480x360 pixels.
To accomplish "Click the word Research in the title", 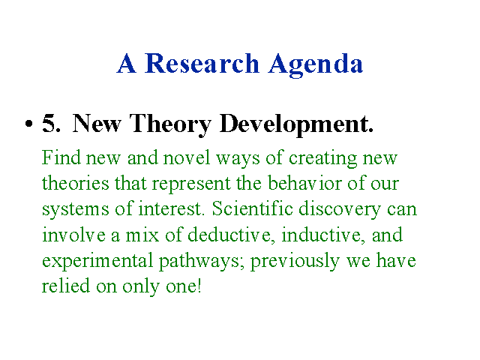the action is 202,63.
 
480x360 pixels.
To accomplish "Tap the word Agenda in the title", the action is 316,65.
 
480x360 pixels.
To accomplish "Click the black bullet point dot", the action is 28,124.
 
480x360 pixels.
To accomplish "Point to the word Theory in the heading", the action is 170,125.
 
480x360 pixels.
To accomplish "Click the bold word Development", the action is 296,125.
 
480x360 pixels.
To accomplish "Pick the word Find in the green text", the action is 61,157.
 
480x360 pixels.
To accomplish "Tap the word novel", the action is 187,157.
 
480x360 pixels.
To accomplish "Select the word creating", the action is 322,159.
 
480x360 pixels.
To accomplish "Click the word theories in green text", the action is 75,183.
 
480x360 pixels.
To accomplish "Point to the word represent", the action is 191,185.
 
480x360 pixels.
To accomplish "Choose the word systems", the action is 75,211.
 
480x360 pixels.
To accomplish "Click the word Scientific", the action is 252,208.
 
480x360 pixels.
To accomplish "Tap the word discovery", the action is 340,211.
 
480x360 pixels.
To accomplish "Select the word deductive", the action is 229,235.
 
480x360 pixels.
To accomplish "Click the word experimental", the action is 97,262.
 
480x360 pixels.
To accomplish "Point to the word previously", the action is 295,262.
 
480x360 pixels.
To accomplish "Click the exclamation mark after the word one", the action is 199,286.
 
